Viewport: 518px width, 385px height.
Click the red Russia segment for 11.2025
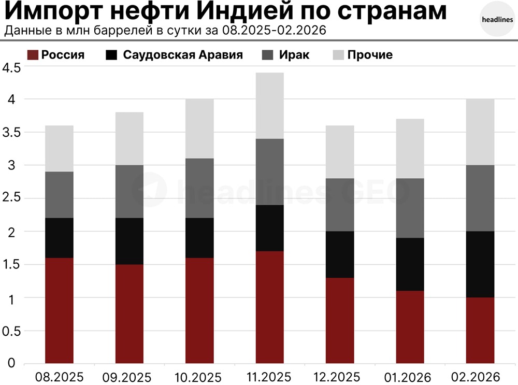pyautogui.click(x=270, y=307)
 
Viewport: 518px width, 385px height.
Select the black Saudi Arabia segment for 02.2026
pyautogui.click(x=480, y=264)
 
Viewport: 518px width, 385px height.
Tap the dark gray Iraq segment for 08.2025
pyautogui.click(x=59, y=195)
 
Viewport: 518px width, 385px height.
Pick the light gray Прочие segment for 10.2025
pyautogui.click(x=199, y=129)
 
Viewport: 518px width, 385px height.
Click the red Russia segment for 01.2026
pyautogui.click(x=410, y=326)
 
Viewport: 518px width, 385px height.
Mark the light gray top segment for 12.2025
pyautogui.click(x=340, y=152)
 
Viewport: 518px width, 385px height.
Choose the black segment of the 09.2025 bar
pyautogui.click(x=129, y=241)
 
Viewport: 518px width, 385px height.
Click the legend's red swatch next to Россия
pyautogui.click(x=32, y=55)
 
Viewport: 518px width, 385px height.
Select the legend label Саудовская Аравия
pyautogui.click(x=183, y=55)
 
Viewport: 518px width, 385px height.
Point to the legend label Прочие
pyautogui.click(x=370, y=55)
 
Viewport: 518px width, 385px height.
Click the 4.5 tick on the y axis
pyautogui.click(x=11, y=67)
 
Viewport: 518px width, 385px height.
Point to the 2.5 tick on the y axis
pyautogui.click(x=11, y=198)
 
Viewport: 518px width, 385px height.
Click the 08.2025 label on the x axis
pyautogui.click(x=59, y=376)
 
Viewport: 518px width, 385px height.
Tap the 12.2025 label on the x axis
pyautogui.click(x=340, y=376)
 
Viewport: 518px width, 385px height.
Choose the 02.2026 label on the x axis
pyautogui.click(x=480, y=376)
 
